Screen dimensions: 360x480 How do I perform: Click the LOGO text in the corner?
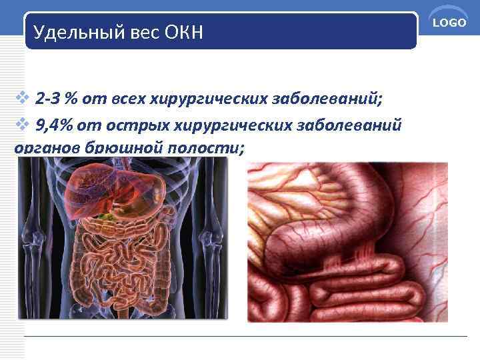450,23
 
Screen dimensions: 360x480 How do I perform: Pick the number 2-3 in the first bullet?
49,100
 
